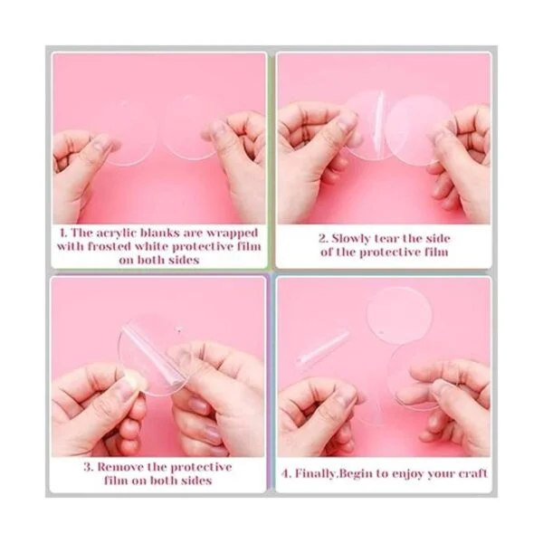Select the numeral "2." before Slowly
(323, 239)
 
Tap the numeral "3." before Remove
(89, 467)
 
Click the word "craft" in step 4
(473, 473)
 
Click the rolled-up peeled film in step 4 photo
(321, 348)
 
